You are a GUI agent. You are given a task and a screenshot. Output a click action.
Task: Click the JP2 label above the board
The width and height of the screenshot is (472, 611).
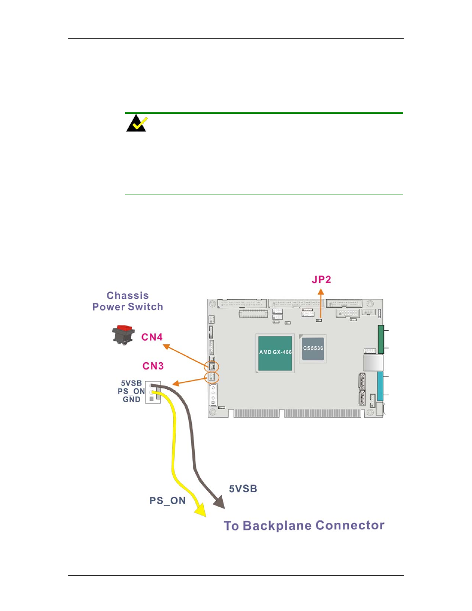coord(321,280)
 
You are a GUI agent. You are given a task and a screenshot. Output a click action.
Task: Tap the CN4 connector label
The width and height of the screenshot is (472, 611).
coord(152,337)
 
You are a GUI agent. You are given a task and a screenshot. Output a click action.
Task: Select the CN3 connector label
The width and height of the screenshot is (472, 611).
coord(153,366)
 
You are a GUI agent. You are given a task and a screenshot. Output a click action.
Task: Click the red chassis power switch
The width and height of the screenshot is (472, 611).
coord(123,334)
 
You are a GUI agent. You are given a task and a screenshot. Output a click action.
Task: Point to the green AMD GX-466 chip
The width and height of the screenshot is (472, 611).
coord(275,353)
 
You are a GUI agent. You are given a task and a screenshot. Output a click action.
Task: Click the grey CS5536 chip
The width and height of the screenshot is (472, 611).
coord(313,349)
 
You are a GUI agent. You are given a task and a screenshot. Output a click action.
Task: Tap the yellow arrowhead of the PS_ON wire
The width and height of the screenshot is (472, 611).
coord(200,510)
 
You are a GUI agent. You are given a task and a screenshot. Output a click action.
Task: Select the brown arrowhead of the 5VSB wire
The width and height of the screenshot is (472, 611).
coord(220,501)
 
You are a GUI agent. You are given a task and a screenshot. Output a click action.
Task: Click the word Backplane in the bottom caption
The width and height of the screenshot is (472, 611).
coord(277,525)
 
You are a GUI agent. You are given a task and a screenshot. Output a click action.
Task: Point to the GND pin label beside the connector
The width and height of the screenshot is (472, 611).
coord(132,399)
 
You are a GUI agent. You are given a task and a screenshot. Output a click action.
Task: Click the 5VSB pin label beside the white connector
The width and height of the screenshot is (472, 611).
coord(131,383)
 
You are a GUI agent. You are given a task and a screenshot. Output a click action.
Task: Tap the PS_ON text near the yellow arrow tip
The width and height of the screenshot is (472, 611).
coord(167,501)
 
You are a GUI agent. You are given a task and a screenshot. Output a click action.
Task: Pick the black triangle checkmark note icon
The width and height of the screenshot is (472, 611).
coord(137,123)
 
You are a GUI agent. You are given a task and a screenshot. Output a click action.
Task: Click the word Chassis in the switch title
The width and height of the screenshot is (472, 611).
coord(128,295)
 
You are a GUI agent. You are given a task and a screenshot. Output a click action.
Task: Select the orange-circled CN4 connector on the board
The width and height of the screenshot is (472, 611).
coord(212,366)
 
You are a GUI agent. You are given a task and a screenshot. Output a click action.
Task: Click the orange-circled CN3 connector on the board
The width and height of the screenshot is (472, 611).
coord(212,377)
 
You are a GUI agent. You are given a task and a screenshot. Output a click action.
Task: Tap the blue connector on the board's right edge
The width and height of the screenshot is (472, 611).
coord(380,386)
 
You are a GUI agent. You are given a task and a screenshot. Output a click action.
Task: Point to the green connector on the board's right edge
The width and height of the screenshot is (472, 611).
coord(381,339)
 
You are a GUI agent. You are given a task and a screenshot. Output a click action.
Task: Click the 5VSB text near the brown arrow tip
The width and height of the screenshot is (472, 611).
coord(243,489)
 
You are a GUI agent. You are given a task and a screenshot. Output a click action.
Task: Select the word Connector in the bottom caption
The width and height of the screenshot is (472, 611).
coord(350,525)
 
